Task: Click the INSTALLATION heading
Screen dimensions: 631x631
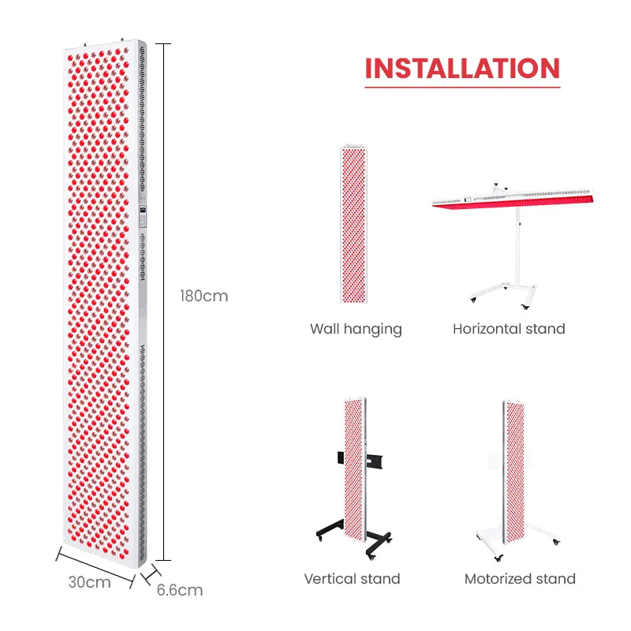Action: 462,69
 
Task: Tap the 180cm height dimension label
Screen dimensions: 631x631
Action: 204,297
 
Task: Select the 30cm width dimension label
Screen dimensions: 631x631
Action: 89,582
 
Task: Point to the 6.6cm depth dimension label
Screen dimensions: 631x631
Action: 180,590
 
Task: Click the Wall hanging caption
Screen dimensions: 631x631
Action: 356,330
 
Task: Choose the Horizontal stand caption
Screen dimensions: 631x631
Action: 509,329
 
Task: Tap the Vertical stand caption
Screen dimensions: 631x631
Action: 352,579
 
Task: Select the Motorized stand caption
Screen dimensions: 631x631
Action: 520,579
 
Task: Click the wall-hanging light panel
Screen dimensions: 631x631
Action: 353,224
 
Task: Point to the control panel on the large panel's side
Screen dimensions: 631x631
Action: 143,217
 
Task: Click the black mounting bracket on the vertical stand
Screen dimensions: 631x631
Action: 360,460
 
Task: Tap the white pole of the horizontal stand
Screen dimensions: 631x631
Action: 517,246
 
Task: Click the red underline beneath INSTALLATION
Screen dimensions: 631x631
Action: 462,87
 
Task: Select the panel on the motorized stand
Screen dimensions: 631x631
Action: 513,472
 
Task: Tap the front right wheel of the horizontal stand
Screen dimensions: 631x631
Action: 525,307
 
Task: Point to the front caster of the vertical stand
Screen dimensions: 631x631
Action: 370,557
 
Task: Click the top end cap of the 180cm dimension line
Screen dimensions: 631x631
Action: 163,44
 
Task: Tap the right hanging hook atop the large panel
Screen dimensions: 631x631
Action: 122,39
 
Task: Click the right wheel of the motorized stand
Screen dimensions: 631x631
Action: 556,542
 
